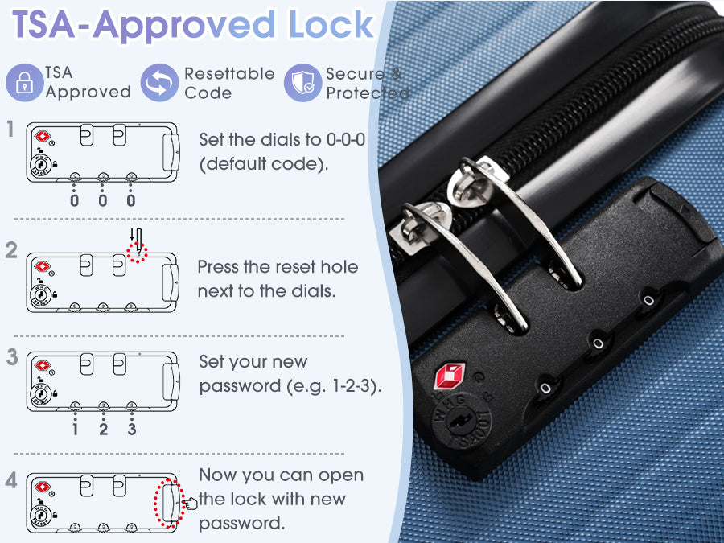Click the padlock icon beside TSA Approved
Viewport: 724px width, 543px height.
click(24, 83)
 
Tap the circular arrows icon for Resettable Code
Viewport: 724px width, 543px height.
click(159, 83)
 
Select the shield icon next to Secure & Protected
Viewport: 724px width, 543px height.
click(303, 83)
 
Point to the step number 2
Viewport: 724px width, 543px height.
click(11, 250)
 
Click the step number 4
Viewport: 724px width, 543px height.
click(11, 480)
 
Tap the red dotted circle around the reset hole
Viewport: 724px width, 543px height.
click(137, 253)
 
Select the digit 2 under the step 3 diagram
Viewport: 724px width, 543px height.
click(104, 429)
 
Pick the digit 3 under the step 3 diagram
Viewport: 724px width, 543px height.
click(132, 429)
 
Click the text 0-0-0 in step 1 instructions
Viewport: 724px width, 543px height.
click(346, 139)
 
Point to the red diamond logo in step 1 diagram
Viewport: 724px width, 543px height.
click(43, 136)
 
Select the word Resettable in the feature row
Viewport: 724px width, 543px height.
click(229, 73)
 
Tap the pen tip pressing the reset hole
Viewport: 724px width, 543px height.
click(139, 252)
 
